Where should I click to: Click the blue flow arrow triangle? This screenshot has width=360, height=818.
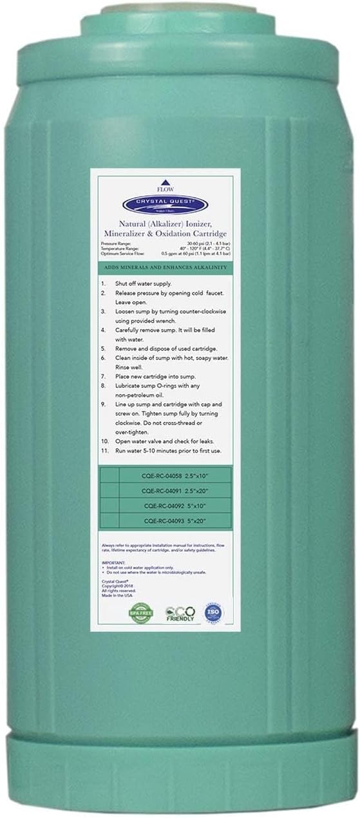click(x=180, y=164)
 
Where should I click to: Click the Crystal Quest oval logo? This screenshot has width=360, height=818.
click(x=180, y=185)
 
